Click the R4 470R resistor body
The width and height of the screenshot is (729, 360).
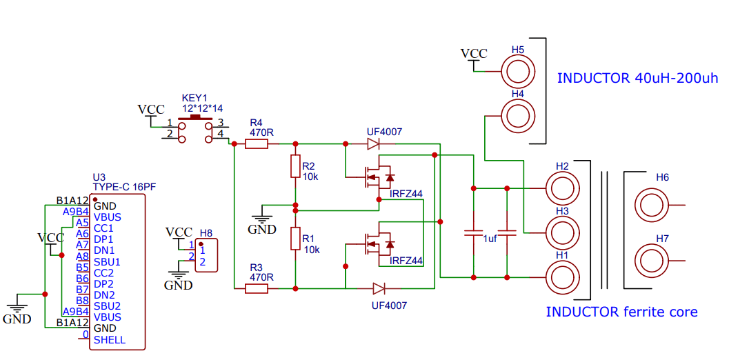(257, 144)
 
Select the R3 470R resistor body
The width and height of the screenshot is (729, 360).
(257, 288)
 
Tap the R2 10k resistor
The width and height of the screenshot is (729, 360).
(295, 166)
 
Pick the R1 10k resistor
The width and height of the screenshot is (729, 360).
(295, 239)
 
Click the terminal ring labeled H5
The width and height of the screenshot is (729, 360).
(517, 71)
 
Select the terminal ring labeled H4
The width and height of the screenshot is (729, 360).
(517, 115)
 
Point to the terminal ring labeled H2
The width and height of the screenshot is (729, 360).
(562, 188)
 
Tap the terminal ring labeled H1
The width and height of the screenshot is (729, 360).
(562, 277)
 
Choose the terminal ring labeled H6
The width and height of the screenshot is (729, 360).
(652, 205)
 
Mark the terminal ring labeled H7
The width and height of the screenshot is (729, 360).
(652, 261)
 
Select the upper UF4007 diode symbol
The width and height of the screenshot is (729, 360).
(373, 144)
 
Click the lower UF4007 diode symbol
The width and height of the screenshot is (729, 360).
(379, 288)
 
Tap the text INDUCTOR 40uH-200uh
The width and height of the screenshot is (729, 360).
(637, 78)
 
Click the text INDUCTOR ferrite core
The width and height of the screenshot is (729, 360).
(621, 312)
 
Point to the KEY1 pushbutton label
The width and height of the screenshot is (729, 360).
(194, 98)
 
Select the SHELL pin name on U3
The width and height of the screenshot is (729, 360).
(110, 339)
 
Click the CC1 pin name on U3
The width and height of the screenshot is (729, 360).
(103, 228)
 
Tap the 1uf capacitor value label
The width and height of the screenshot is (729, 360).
(490, 238)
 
